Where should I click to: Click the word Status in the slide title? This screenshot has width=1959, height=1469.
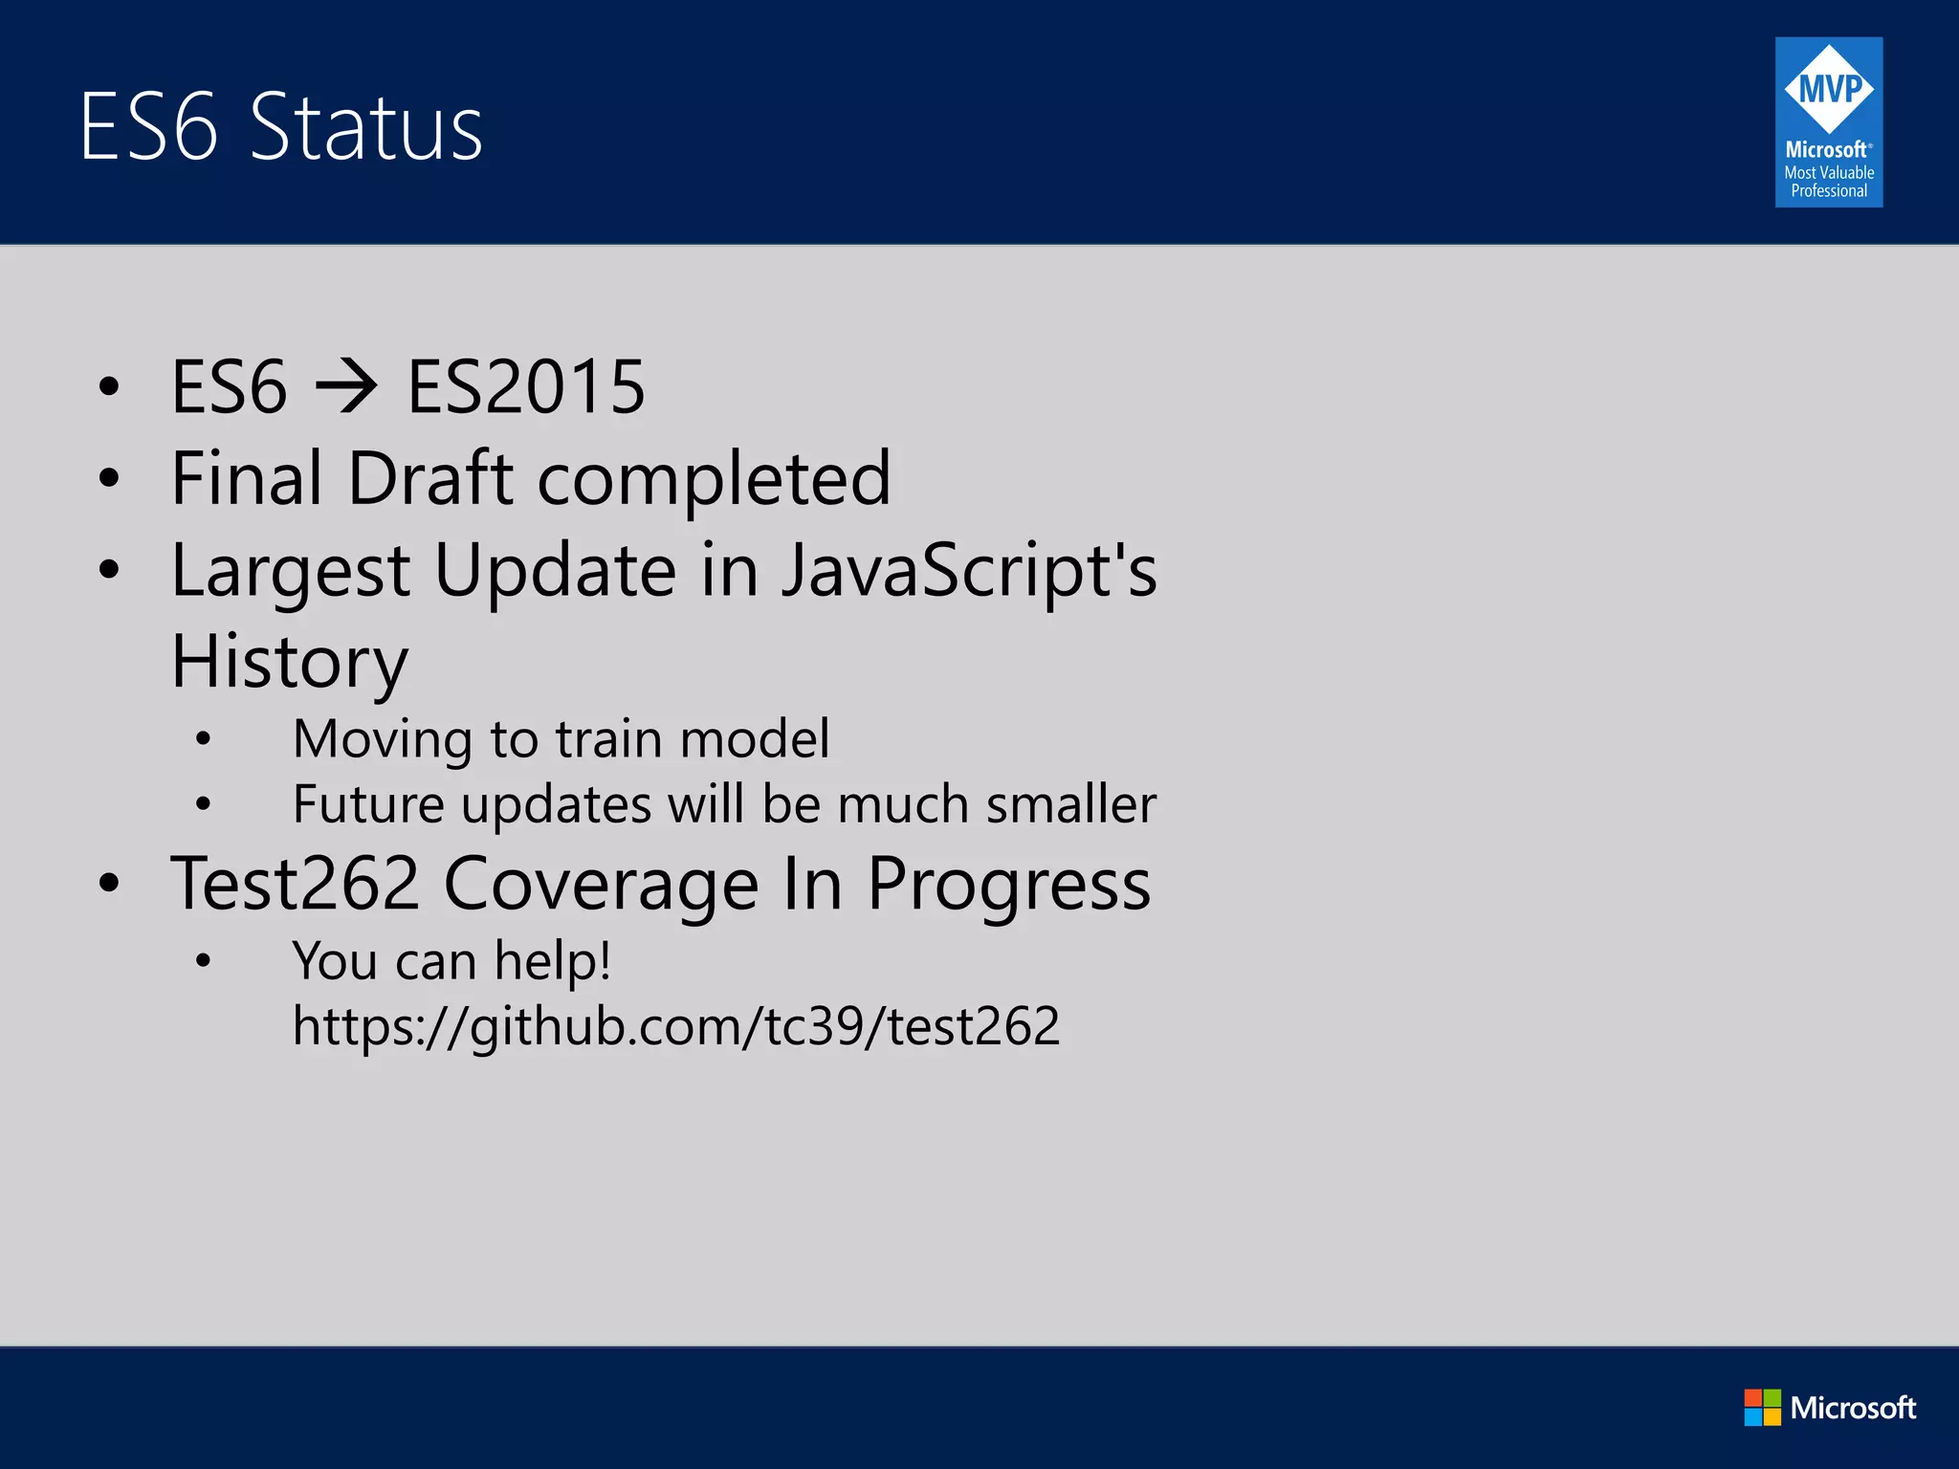[x=366, y=127]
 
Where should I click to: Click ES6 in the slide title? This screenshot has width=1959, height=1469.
[x=148, y=127]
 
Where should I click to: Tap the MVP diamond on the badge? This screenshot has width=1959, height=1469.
[x=1828, y=89]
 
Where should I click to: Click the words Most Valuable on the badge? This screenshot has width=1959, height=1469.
[x=1828, y=172]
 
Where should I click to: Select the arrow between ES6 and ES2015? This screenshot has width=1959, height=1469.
[x=346, y=387]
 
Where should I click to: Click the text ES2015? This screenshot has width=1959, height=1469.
[x=526, y=387]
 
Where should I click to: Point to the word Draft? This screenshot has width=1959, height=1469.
[x=430, y=478]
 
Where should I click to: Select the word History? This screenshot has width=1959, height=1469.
[x=289, y=663]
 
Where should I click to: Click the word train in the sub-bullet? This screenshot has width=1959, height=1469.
[x=609, y=739]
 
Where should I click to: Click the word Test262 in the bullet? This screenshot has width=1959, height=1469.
[x=295, y=884]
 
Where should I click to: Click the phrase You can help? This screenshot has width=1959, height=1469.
[x=451, y=961]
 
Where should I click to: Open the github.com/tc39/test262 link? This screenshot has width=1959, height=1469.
[x=675, y=1026]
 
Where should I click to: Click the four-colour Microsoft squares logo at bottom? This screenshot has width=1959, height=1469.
[x=1762, y=1407]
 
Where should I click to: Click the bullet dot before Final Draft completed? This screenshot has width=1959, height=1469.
[x=109, y=478]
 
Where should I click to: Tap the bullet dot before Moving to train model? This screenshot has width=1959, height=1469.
[x=203, y=739]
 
